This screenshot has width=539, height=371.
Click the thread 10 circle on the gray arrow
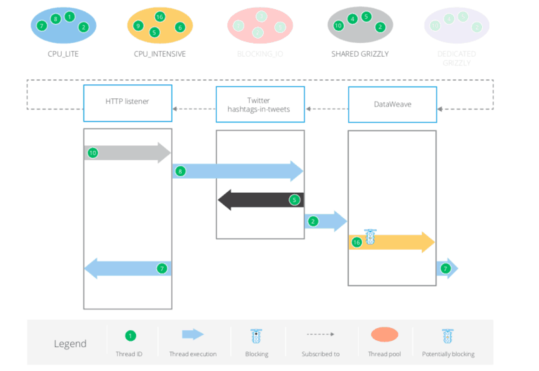(x=93, y=153)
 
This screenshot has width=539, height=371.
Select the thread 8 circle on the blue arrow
(x=180, y=171)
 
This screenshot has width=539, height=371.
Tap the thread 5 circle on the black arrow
(x=295, y=201)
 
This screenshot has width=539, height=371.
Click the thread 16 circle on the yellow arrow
(x=357, y=243)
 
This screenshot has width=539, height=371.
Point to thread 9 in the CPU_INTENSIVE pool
(x=138, y=26)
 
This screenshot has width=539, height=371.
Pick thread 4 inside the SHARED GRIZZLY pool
(x=352, y=20)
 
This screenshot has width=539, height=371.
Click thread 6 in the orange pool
(x=180, y=27)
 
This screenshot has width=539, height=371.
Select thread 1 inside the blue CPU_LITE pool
(x=69, y=16)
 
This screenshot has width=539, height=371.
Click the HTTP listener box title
(x=127, y=102)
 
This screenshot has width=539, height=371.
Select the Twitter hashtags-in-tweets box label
(x=260, y=104)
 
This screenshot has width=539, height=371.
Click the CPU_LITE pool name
(x=63, y=54)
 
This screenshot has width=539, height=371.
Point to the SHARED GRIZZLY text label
(x=359, y=54)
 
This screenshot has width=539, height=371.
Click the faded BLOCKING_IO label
(x=260, y=54)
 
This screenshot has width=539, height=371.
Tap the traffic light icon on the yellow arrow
(x=371, y=238)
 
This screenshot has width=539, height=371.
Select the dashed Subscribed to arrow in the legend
(x=320, y=335)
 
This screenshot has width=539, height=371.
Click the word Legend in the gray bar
(x=70, y=344)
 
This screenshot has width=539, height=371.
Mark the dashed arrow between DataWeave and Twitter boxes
(x=326, y=109)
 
